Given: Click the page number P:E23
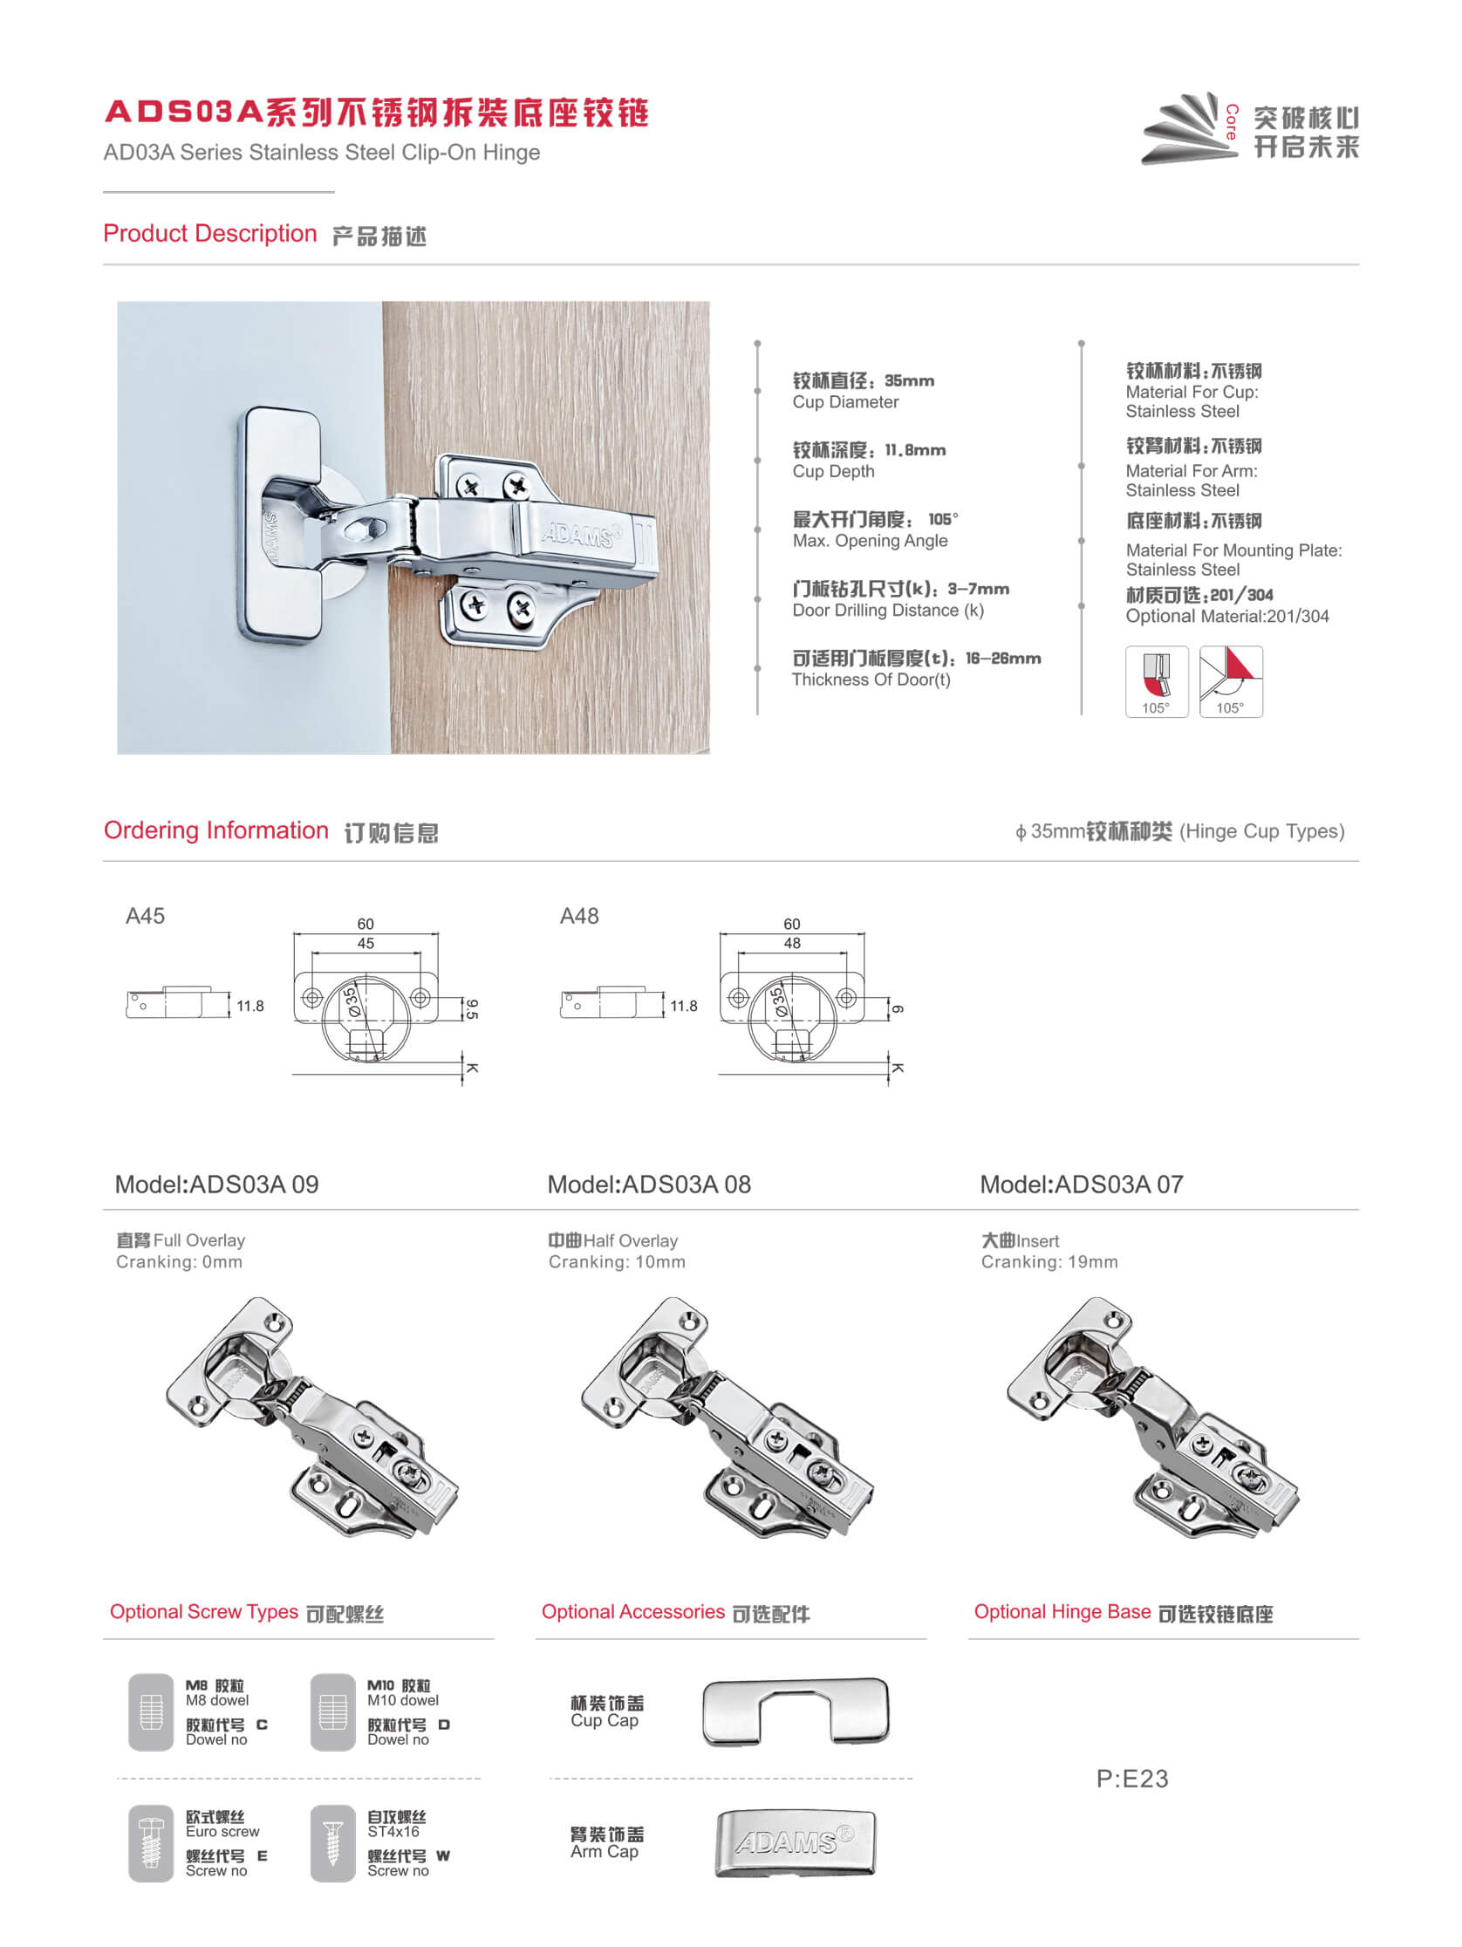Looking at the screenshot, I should (x=1132, y=1779).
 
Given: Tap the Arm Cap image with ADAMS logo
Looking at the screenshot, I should (x=795, y=1842).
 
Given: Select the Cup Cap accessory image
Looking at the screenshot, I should (x=796, y=1712).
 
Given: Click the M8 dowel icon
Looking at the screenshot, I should (x=151, y=1711).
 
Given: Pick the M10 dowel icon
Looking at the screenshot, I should (x=332, y=1711).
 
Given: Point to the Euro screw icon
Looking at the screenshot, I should (x=151, y=1842).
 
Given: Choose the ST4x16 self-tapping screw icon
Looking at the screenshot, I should (x=332, y=1842).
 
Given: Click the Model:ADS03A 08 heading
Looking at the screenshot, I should (x=649, y=1185).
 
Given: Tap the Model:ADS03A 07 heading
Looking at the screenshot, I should (x=1081, y=1185).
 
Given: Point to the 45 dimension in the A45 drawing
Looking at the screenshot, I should (x=365, y=944).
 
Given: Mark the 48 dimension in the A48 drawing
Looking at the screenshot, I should (x=792, y=944).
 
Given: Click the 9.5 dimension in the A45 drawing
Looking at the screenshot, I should (x=472, y=1008).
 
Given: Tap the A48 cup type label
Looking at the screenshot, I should (x=579, y=916).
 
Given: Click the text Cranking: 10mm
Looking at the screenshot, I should (x=616, y=1262).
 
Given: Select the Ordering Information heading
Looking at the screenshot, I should (x=215, y=831).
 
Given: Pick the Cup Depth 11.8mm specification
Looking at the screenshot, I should (x=868, y=460).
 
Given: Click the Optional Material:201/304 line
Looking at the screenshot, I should (x=1226, y=616).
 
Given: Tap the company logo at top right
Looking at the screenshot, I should (x=1249, y=128).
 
